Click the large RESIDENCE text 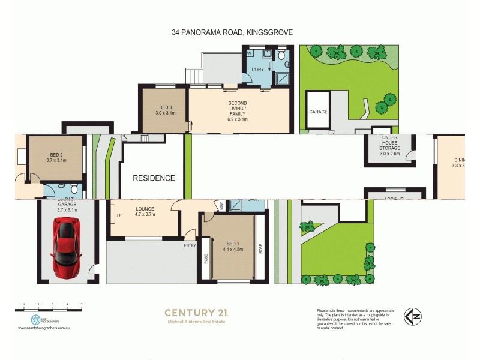(x=154, y=178)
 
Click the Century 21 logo (x=196, y=313)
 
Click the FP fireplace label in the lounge (x=119, y=215)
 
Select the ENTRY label (x=190, y=245)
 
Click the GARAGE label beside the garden (x=317, y=112)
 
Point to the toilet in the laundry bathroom (x=281, y=58)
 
